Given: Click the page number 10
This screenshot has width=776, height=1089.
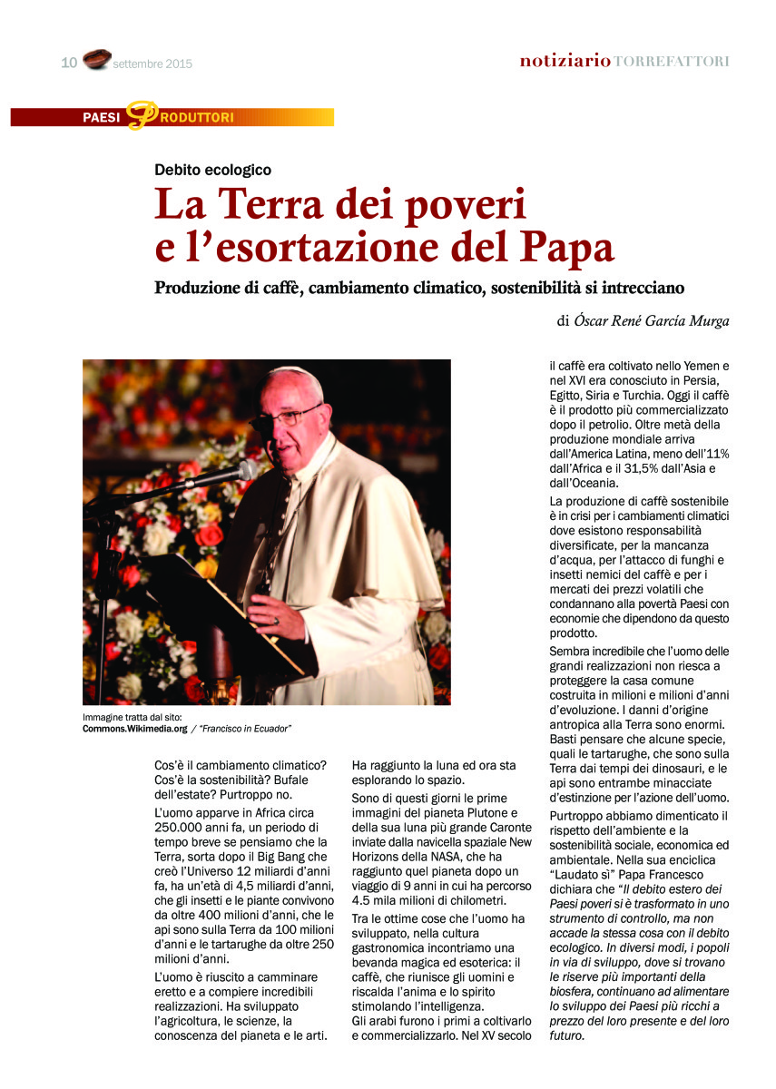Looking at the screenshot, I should click(x=69, y=63).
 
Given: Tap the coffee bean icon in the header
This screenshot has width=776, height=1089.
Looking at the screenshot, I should click(x=96, y=60).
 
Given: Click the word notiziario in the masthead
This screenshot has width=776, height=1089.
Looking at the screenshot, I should click(x=565, y=62).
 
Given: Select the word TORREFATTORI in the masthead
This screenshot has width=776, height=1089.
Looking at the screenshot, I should click(x=672, y=62).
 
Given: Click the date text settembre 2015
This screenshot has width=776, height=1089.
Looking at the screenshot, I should click(x=153, y=64).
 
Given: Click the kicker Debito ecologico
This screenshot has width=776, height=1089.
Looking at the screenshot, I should click(x=212, y=169).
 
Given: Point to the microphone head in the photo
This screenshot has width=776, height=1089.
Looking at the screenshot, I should click(x=245, y=470).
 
